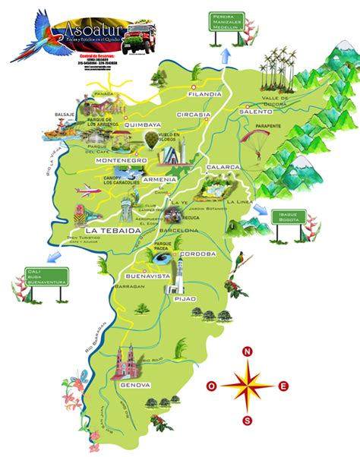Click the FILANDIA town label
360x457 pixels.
(x=205, y=94)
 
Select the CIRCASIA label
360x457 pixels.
(x=193, y=115)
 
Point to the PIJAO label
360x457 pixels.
(x=185, y=298)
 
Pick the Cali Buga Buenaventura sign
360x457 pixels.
(x=46, y=275)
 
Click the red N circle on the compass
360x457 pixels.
(x=247, y=351)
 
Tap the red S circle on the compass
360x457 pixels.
(x=247, y=420)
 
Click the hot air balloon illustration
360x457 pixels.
(x=153, y=140)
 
